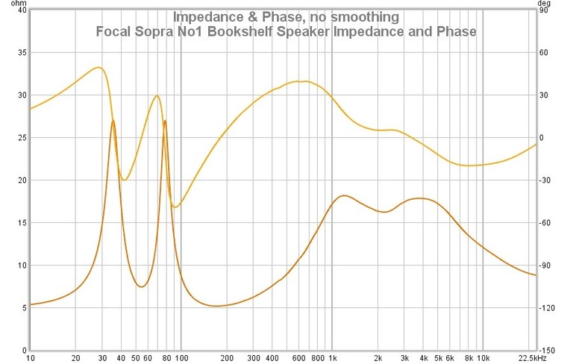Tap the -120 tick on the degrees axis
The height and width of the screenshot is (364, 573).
tap(548, 308)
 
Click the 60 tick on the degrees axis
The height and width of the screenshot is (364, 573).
tap(546, 53)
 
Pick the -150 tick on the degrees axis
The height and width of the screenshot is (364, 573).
tap(548, 351)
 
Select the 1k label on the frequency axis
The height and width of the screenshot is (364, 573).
tap(332, 358)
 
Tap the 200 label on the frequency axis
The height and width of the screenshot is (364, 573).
tap(227, 358)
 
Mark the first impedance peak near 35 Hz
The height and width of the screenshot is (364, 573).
tap(113, 121)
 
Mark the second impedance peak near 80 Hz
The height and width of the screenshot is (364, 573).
tap(165, 121)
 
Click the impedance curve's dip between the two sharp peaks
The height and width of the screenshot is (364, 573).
tap(140, 286)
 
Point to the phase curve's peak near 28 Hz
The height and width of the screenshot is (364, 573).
tap(98, 67)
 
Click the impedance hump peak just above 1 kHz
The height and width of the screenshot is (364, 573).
tap(343, 195)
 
